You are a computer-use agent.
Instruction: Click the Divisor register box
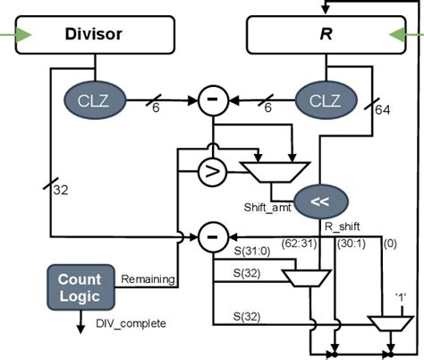[93, 36]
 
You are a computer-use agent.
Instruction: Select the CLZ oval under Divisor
[93, 99]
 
